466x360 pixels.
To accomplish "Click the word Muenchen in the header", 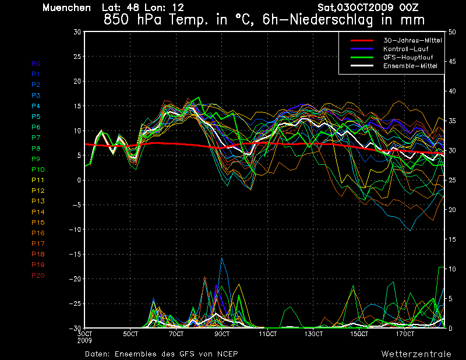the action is [x=66, y=8].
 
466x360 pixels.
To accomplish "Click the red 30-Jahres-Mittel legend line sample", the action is [x=362, y=40].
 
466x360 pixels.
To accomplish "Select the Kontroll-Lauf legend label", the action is [x=405, y=49].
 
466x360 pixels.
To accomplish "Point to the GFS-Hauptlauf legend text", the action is [x=408, y=57].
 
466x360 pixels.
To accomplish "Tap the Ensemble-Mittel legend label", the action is [x=410, y=66].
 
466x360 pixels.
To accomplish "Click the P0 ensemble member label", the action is [x=36, y=63].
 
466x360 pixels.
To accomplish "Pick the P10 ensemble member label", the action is [x=38, y=170].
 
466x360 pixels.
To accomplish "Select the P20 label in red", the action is [x=38, y=276].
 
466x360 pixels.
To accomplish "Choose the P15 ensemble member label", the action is [x=38, y=223].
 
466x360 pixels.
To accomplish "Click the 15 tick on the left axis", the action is [x=77, y=106].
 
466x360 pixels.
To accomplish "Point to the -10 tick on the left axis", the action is [x=75, y=230].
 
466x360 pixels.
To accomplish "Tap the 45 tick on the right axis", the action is [x=452, y=62].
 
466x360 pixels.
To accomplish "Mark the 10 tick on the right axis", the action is [x=452, y=269].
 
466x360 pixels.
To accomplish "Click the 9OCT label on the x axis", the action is [x=222, y=334].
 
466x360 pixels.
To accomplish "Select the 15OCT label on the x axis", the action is [x=359, y=334].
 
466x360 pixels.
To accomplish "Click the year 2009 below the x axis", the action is [x=84, y=340].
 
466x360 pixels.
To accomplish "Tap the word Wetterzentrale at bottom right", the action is [x=416, y=354].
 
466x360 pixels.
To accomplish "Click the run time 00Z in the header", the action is [x=409, y=8].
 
